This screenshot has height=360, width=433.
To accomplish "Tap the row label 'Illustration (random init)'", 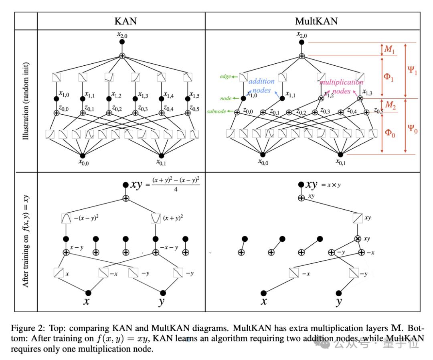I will coord(26,101).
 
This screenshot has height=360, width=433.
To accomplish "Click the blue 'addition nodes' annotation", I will coord(261,86).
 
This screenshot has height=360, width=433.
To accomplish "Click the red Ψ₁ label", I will coord(412,71).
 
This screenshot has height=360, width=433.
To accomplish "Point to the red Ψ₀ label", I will coord(412,129).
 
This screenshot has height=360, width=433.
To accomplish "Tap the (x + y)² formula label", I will coord(173,218).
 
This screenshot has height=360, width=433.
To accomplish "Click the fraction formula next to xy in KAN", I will coord(174,185).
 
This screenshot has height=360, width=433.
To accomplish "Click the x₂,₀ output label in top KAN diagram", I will coord(122,34).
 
